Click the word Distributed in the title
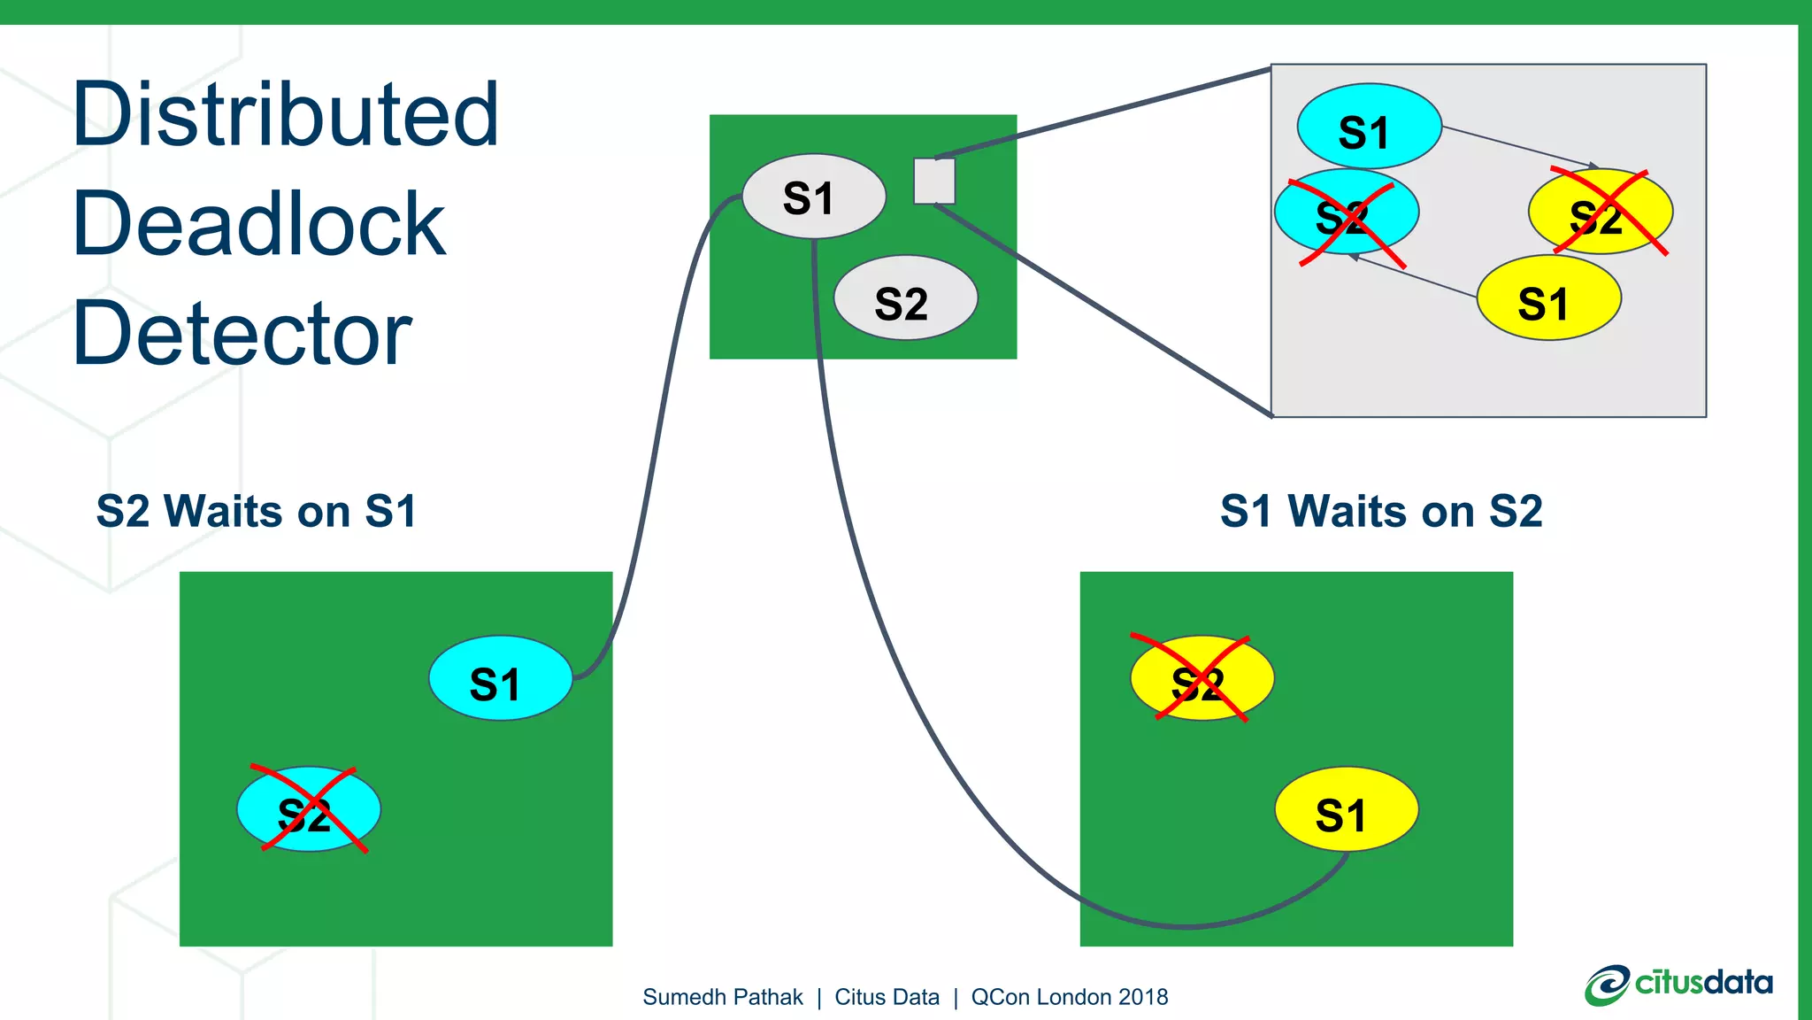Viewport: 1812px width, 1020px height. (x=285, y=115)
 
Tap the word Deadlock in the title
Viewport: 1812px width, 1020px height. (x=258, y=225)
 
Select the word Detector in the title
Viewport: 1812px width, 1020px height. (x=242, y=334)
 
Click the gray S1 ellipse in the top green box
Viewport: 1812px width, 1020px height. (x=813, y=197)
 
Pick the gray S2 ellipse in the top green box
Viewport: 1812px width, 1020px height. (x=905, y=298)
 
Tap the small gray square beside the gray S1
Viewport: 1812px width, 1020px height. (x=933, y=182)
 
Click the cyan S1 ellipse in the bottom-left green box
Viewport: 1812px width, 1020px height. (x=501, y=678)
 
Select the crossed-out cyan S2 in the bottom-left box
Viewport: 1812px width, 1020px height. (x=308, y=809)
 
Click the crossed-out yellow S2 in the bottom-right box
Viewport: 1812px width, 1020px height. (x=1202, y=678)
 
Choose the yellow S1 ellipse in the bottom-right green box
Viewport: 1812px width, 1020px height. (x=1346, y=809)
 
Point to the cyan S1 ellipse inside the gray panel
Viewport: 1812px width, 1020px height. (x=1369, y=127)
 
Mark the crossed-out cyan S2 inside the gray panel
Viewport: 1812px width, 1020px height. (x=1346, y=213)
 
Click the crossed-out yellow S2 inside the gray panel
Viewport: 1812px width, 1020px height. (x=1600, y=212)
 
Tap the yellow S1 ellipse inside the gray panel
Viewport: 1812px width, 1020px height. (x=1548, y=298)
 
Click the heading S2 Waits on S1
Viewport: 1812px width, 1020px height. (x=256, y=512)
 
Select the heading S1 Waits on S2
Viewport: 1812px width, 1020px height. (x=1380, y=512)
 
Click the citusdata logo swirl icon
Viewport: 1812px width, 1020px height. (x=1606, y=985)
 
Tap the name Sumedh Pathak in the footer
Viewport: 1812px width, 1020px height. (x=722, y=997)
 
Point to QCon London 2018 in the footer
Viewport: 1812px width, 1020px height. (x=1069, y=997)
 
